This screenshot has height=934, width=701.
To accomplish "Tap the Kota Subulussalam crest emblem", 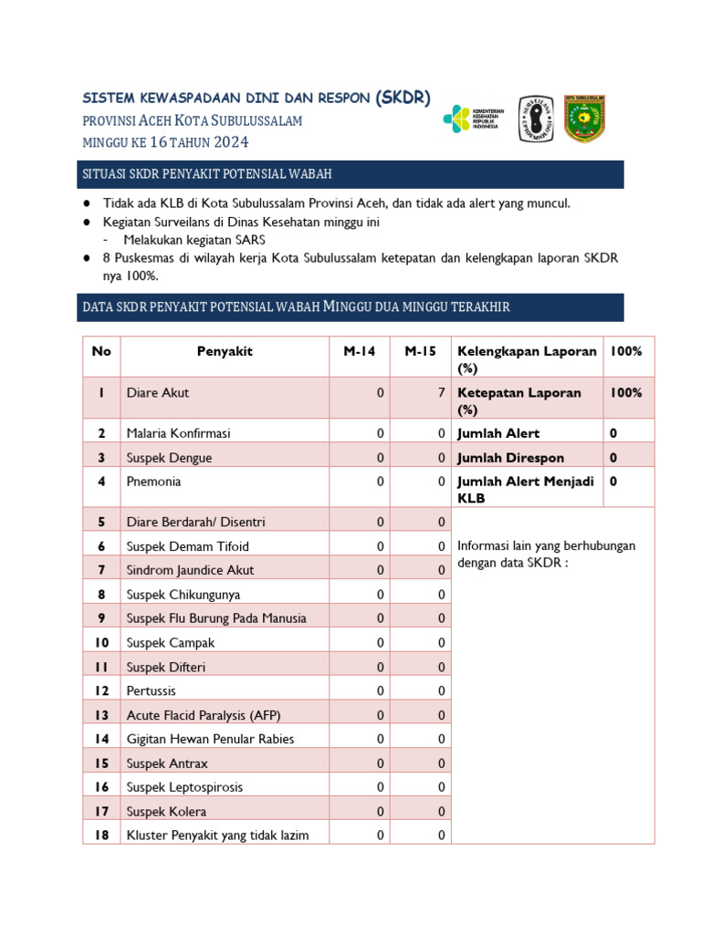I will (x=583, y=119).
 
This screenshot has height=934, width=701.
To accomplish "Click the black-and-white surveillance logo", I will (x=536, y=119).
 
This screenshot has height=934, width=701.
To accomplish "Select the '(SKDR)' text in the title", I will (x=403, y=98).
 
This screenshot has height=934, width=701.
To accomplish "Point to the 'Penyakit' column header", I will (x=225, y=351).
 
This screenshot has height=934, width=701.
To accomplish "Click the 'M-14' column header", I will (x=359, y=351).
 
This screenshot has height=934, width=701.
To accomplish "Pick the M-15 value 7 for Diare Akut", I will (x=441, y=393).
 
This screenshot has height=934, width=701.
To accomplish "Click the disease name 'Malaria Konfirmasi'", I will (x=178, y=433).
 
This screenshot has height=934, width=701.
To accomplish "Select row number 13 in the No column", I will (x=101, y=715).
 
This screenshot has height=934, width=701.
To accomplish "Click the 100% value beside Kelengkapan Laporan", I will (x=626, y=351).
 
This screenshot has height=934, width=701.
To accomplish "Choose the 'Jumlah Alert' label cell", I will (x=498, y=433).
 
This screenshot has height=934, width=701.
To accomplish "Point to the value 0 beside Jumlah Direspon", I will (x=613, y=458).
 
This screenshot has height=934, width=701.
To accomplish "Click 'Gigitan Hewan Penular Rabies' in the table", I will (x=210, y=739).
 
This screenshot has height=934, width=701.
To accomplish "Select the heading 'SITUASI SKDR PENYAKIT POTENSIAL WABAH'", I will (x=207, y=173).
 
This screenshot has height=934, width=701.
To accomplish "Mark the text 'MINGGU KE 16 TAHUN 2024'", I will (x=165, y=142).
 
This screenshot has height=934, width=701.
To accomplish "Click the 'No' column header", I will (x=101, y=351).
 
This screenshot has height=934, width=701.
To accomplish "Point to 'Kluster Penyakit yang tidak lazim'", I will (x=217, y=835).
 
